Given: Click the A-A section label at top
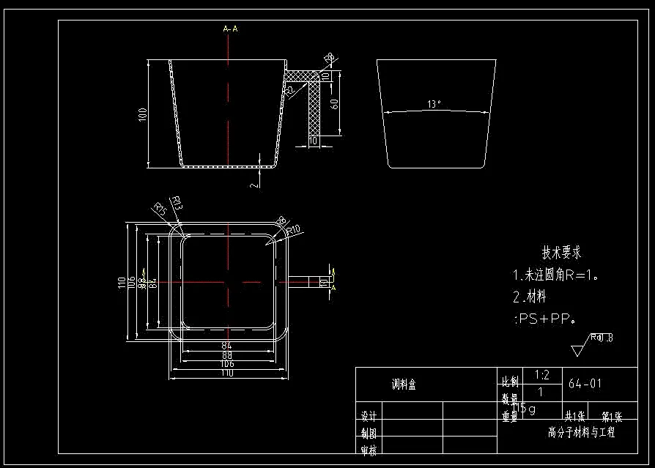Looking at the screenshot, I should (230, 29).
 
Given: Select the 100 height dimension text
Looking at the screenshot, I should (143, 114).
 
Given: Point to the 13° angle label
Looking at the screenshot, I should (434, 104).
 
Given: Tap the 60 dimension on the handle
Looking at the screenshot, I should (334, 103).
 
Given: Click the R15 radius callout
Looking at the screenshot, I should (160, 209).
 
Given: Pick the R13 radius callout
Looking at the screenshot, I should (176, 203).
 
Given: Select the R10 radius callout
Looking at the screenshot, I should (294, 231).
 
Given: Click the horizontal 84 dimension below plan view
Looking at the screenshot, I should (226, 345).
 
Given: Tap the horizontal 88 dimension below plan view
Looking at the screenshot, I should (226, 354).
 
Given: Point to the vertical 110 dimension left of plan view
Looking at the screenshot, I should (122, 282).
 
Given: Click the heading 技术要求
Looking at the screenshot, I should (561, 253).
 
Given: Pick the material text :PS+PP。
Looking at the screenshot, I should (544, 319).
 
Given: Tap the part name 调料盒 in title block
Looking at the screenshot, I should (404, 385).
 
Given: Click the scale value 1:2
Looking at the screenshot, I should (542, 375).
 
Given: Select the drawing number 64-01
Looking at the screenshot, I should (585, 383).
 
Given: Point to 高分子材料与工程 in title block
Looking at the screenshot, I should (582, 432).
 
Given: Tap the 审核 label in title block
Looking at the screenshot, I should (369, 450).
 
